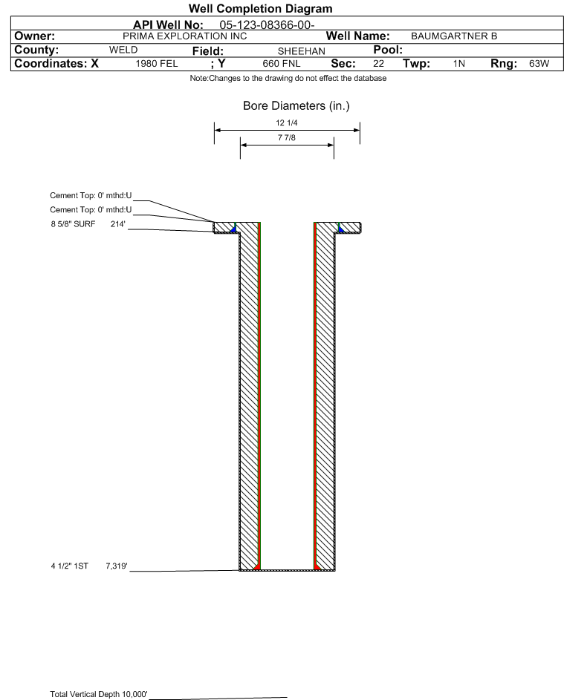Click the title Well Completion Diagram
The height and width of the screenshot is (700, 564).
tap(261, 8)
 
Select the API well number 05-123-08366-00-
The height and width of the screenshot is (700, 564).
tap(267, 25)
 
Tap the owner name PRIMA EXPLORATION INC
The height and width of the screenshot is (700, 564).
tap(184, 36)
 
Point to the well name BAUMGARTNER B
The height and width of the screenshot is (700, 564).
tap(454, 36)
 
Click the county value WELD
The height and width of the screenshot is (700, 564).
tap(123, 50)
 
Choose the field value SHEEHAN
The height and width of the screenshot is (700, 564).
tap(301, 51)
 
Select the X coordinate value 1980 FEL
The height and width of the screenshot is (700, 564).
tap(156, 64)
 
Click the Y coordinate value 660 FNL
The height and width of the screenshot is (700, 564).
tap(282, 64)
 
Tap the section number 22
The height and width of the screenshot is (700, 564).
tap(378, 64)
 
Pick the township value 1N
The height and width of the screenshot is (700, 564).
tap(459, 64)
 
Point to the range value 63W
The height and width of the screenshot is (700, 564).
tap(539, 64)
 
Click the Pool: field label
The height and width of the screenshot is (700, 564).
tap(388, 50)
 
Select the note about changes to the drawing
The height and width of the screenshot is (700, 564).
tap(288, 79)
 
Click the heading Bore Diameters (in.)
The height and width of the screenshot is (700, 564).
tap(296, 106)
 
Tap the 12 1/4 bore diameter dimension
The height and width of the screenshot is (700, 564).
tap(287, 122)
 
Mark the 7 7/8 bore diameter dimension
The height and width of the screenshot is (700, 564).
tap(287, 138)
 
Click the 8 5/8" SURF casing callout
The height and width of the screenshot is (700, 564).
tap(73, 224)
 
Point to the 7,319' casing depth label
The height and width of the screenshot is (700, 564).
tap(117, 566)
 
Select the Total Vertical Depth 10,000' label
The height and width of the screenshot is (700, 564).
tap(99, 694)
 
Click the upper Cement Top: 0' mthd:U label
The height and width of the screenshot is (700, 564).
tap(91, 195)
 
